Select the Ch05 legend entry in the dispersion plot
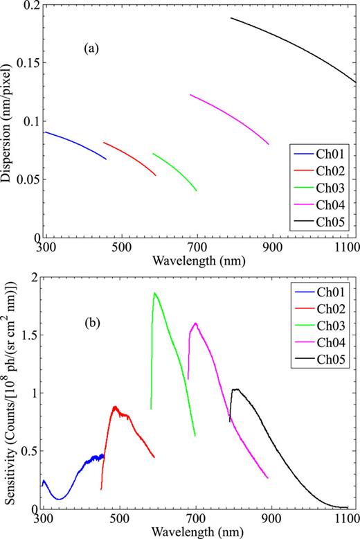coord(334,222)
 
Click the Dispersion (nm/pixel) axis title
coord(8,122)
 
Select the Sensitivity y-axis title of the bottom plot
coord(8,393)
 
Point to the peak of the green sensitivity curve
coord(154,293)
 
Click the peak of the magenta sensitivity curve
coord(196,323)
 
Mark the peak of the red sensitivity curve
coord(115,407)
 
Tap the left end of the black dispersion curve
coord(231,18)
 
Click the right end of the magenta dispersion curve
coord(269,144)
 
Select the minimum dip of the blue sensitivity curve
coord(60,499)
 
